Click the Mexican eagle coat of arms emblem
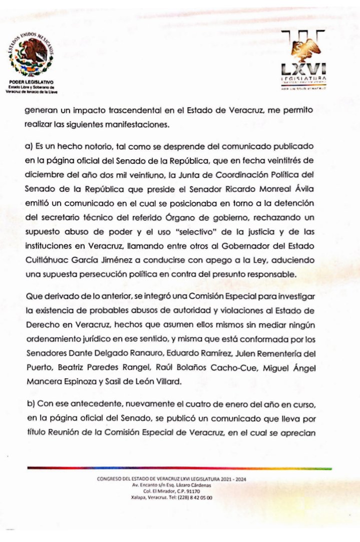[33, 55]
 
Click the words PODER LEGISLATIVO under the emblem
[31, 82]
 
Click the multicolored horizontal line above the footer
[180, 468]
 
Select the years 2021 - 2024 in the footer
[230, 479]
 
